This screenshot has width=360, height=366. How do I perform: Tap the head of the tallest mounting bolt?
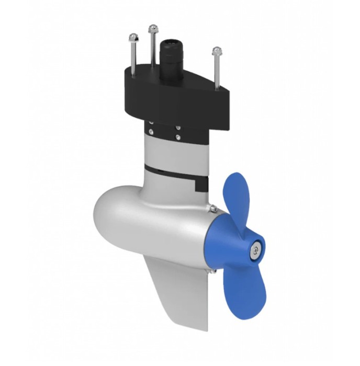[x=153, y=27]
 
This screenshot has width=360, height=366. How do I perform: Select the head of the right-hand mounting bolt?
[x=216, y=51]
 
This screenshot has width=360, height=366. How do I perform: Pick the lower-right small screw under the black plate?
[x=178, y=137]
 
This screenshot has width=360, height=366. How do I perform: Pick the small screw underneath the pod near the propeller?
[x=213, y=271]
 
